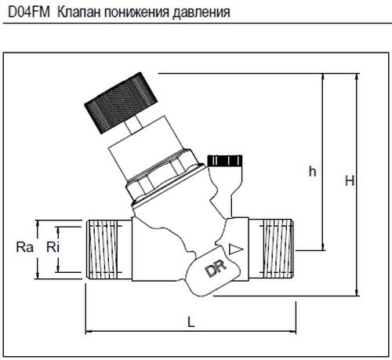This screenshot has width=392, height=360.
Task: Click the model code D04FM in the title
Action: [x=29, y=12]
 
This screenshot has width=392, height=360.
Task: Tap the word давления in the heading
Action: [x=201, y=13]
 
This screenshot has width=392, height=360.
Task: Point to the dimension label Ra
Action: [x=25, y=247]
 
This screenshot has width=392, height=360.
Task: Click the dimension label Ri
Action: [x=53, y=247]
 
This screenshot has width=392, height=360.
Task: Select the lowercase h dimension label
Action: [x=313, y=171]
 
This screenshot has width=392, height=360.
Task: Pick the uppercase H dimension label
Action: [x=350, y=180]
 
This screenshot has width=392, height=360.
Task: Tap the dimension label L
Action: [x=191, y=322]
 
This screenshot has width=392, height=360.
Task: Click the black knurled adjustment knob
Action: [x=121, y=103]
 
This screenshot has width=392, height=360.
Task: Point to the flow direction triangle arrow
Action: [x=235, y=249]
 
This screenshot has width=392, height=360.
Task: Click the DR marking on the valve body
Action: [x=216, y=269]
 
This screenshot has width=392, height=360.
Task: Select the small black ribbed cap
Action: [x=225, y=161]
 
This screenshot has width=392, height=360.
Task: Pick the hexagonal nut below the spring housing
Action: [x=163, y=176]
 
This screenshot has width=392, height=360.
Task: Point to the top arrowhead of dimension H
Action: [x=357, y=77]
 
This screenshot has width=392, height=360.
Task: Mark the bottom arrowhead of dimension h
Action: [x=324, y=246]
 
